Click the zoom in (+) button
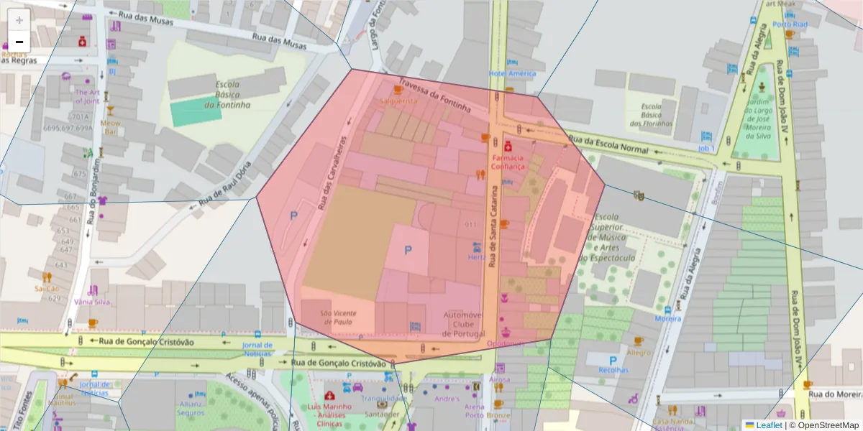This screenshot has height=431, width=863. coord(19,20)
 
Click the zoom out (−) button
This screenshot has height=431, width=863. coord(19,41)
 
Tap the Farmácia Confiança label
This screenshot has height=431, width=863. coord(508,162)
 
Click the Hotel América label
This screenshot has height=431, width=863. coord(512,73)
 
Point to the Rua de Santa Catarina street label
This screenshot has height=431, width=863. coord(494,228)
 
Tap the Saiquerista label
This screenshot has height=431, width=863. coord(398,101)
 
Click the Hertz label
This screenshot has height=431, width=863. coord(477,256)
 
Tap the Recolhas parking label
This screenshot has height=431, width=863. coord(613,370)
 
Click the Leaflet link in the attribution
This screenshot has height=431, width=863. coord(769,425)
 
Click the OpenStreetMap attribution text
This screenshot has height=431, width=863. coord(827,425)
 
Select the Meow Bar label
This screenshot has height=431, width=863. coord(110,127)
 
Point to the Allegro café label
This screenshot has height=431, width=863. coord(639,353)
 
